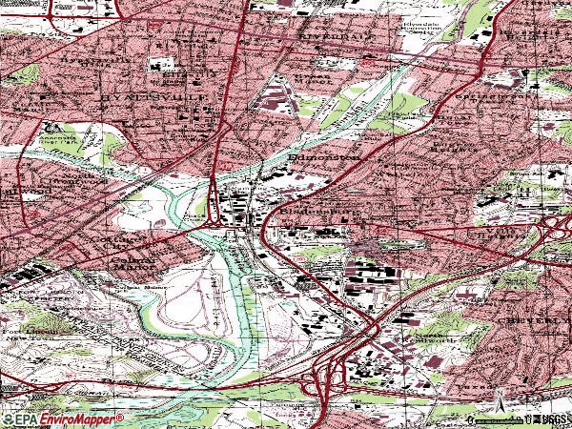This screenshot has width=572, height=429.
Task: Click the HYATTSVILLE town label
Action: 130,98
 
